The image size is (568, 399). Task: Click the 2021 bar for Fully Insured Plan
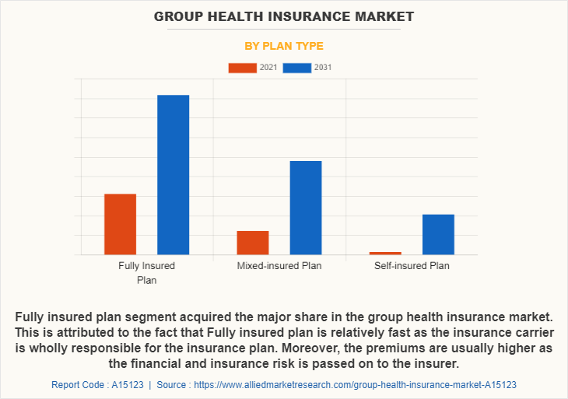[x=120, y=224]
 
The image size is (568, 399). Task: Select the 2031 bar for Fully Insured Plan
[x=174, y=174]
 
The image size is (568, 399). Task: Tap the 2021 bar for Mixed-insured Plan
[x=253, y=243]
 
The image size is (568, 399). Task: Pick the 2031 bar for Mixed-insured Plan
[x=306, y=208]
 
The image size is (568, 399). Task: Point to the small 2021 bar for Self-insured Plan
[x=385, y=253]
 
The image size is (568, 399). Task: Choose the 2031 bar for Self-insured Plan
[x=438, y=234]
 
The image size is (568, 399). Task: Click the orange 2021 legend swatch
[x=242, y=68]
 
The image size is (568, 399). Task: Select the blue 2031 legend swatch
[x=297, y=68]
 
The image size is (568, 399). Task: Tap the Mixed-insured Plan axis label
[x=279, y=266]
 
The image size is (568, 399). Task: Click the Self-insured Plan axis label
[x=412, y=266]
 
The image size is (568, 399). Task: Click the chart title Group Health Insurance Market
[x=284, y=16]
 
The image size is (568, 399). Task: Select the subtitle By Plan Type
[x=284, y=46]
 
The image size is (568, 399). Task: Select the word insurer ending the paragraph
[x=438, y=363]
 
